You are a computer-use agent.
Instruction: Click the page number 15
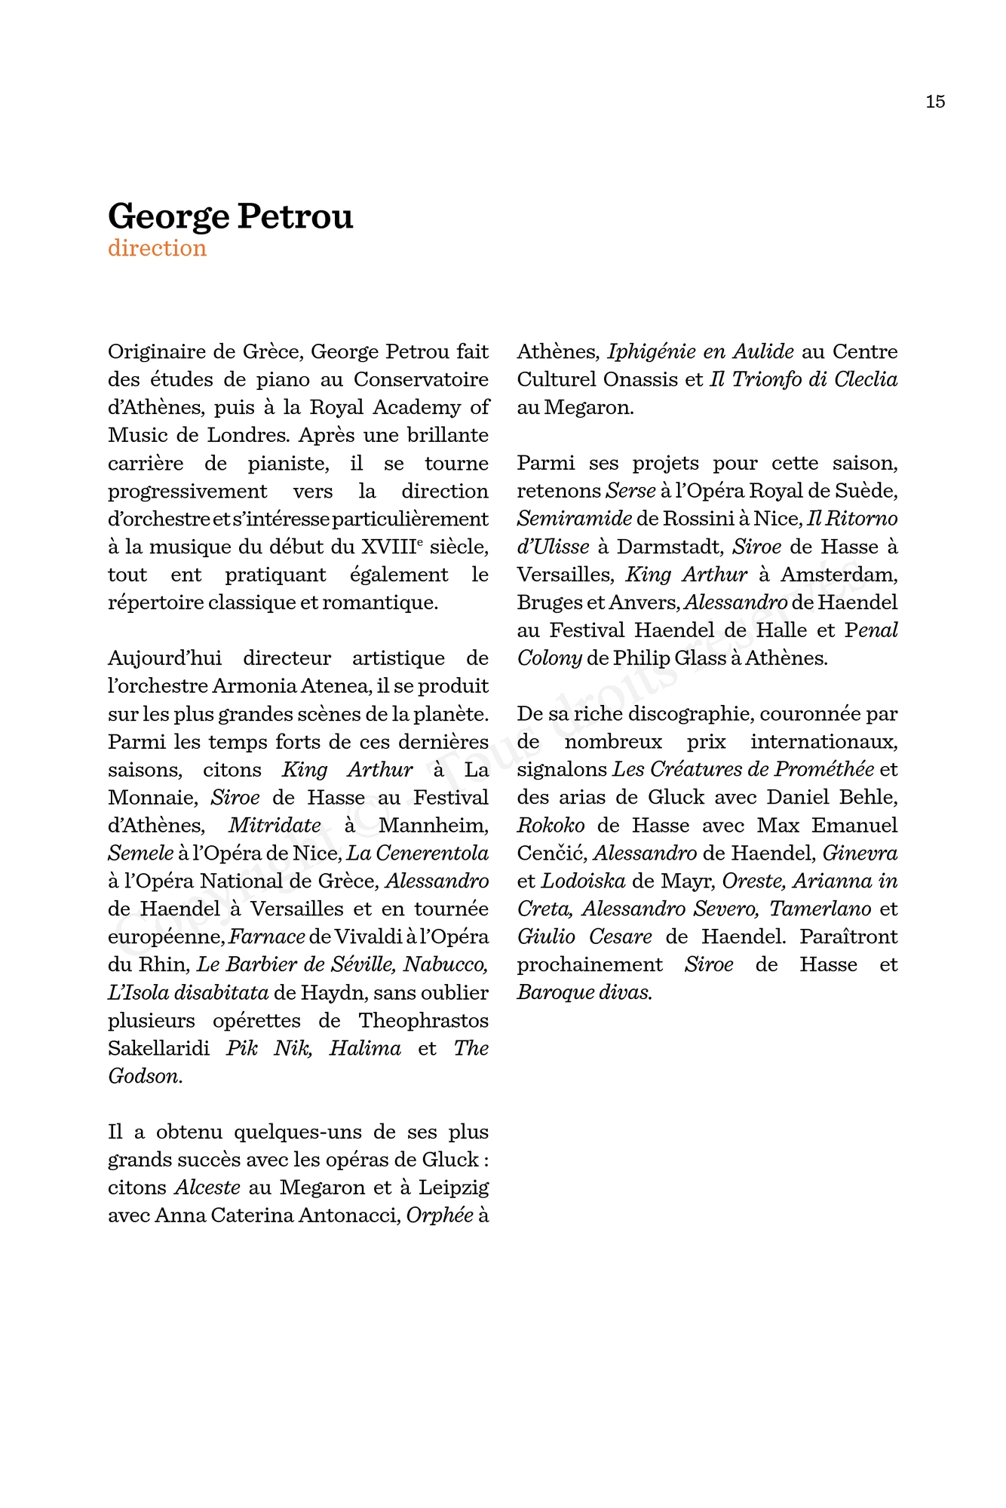935,102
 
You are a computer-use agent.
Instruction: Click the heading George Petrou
230,216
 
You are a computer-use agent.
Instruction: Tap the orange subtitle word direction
157,248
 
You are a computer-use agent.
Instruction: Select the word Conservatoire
421,379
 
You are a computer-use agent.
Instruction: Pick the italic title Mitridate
275,826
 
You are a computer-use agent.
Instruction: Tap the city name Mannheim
433,826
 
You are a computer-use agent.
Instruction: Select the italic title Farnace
267,937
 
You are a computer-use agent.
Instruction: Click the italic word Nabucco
446,965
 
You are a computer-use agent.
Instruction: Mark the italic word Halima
365,1049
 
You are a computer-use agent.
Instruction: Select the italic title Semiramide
574,519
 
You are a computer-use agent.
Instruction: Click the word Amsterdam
839,575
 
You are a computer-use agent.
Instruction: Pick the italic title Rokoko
551,826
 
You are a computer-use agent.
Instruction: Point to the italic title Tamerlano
820,909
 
